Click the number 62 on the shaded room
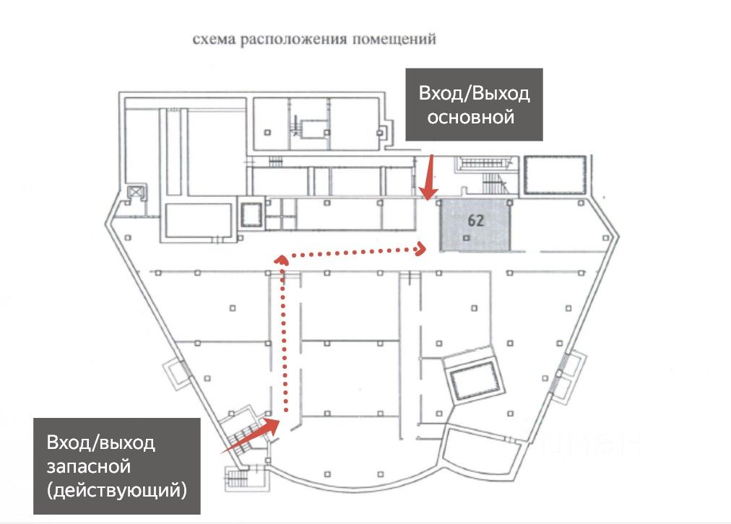click(x=475, y=221)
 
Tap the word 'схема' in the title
click(x=211, y=40)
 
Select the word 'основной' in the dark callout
click(x=471, y=117)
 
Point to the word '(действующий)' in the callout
click(x=116, y=491)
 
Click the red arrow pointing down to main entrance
click(x=429, y=180)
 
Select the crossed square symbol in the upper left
click(x=135, y=192)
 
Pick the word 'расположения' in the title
click(x=293, y=40)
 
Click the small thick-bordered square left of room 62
click(x=251, y=214)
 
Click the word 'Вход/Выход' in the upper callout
click(x=474, y=93)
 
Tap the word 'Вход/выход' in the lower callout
click(x=101, y=442)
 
